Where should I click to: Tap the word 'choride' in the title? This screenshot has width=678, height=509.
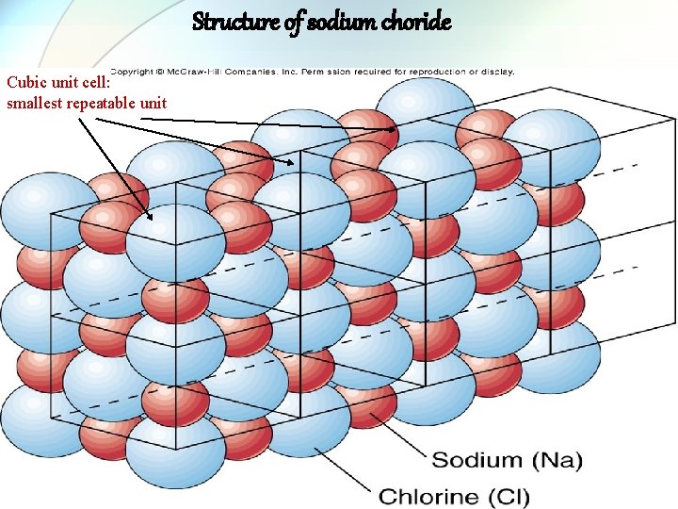[x=416, y=21]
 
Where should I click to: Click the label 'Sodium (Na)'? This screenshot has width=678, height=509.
[x=508, y=461]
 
